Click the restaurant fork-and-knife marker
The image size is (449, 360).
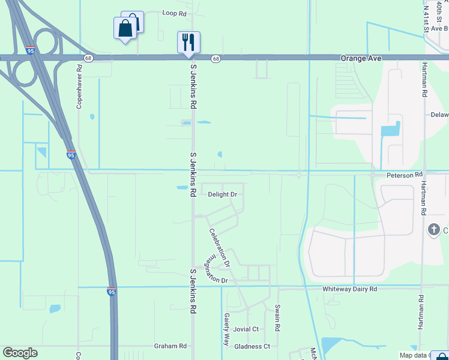(188, 42)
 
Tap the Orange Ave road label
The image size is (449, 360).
(361, 58)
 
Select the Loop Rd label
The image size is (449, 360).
(175, 13)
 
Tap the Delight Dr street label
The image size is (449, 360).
(223, 194)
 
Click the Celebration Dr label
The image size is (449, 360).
(219, 247)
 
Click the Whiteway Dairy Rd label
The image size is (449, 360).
(349, 289)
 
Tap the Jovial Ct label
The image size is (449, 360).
(246, 329)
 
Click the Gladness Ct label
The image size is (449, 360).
(252, 346)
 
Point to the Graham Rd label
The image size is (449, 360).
(170, 346)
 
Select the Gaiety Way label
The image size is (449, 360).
(226, 329)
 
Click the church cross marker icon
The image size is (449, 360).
(433, 229)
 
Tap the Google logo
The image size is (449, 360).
(20, 353)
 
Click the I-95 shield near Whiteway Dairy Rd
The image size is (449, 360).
(112, 291)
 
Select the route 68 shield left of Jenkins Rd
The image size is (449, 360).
(89, 58)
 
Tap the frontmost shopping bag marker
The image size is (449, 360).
(124, 29)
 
